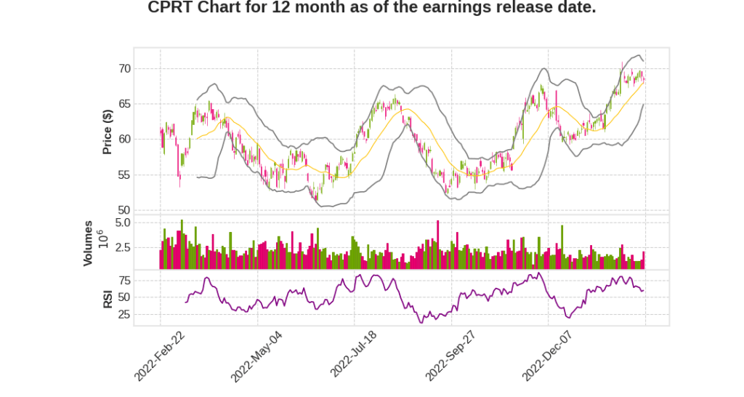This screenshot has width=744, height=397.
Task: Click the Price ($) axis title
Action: coord(108,132)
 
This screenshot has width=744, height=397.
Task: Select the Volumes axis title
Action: coord(88,243)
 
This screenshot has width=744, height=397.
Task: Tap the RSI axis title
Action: coord(108,298)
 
